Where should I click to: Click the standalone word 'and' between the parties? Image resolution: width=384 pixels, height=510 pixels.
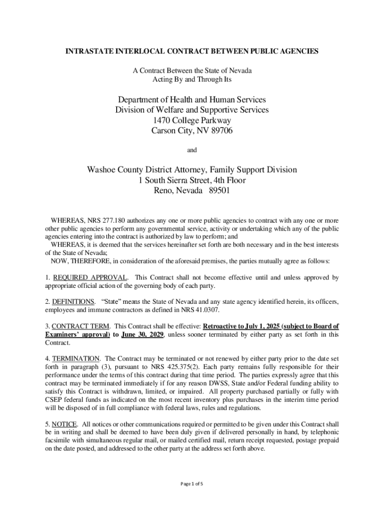192,150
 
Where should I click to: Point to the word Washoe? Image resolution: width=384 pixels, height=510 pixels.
102,170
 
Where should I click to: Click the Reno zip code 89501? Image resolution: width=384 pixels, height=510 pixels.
220,191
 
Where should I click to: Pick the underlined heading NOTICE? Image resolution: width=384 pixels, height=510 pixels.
64,424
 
